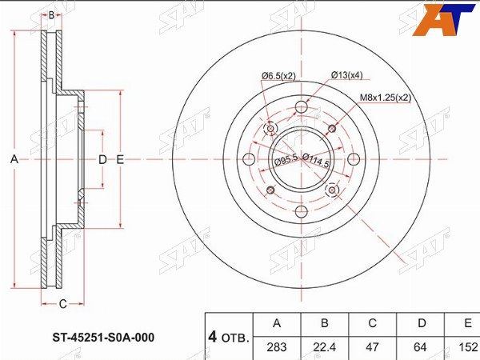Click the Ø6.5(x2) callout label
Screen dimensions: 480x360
(278, 76)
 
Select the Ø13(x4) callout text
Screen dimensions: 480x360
(346, 75)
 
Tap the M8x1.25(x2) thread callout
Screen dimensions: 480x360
(385, 98)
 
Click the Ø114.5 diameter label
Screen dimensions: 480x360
(316, 160)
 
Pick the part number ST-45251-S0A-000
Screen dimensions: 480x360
(103, 338)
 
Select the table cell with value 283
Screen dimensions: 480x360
(277, 347)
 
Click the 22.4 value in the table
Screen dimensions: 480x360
(325, 347)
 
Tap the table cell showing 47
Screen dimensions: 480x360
(373, 347)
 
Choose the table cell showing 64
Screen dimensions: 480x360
(420, 347)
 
